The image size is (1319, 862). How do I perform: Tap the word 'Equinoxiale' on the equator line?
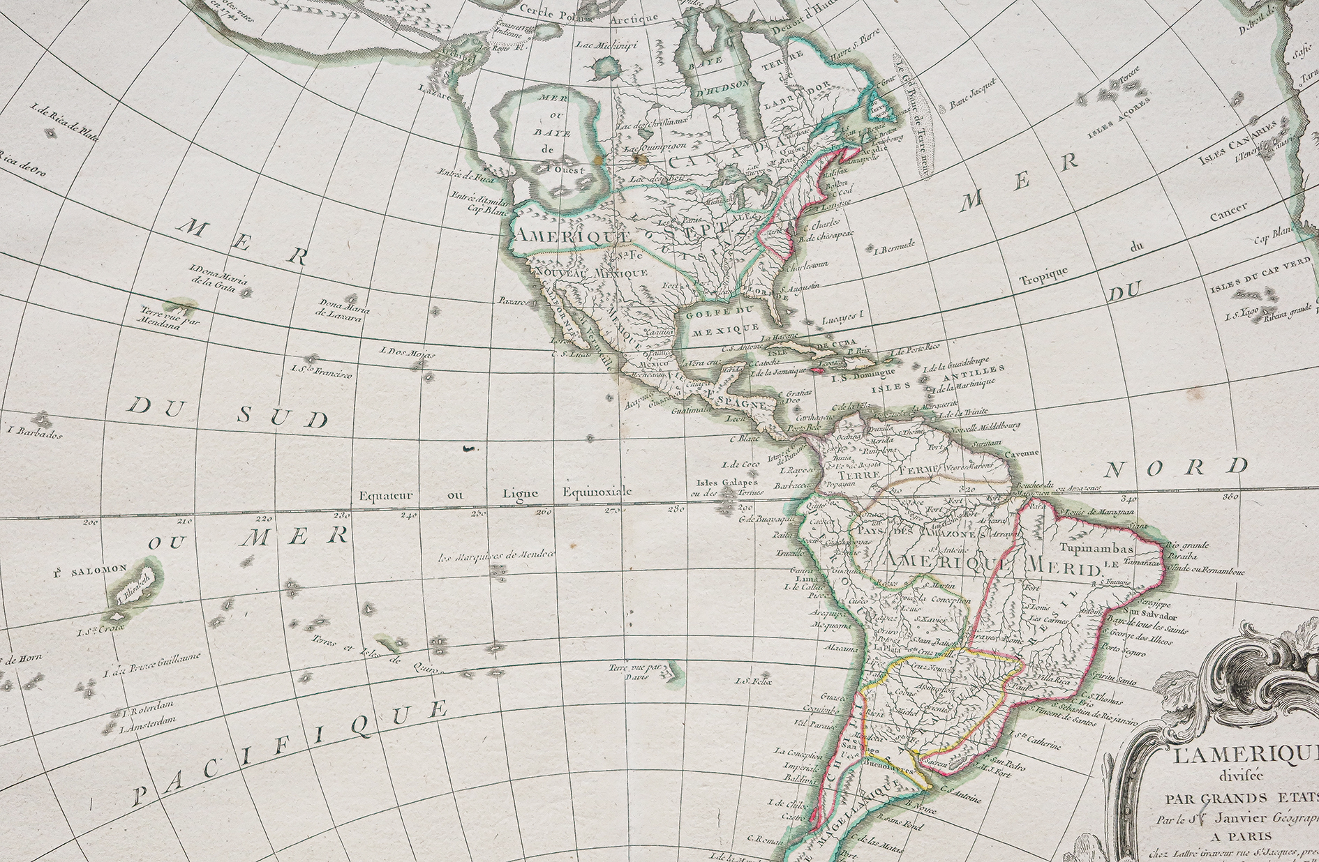pyautogui.click(x=597, y=492)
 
